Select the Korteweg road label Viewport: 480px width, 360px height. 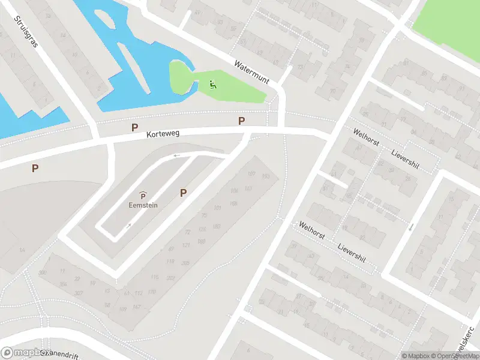click(164, 136)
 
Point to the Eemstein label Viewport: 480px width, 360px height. click(143, 205)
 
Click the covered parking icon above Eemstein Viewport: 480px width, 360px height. click(143, 195)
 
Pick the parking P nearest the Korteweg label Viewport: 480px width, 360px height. click(135, 127)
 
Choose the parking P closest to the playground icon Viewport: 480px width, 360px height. click(242, 121)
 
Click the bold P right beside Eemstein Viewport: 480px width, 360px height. click(184, 193)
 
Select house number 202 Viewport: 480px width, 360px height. click(171, 277)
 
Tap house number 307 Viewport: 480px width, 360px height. click(78, 293)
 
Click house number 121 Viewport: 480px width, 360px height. click(186, 245)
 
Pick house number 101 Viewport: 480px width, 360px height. click(217, 208)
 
